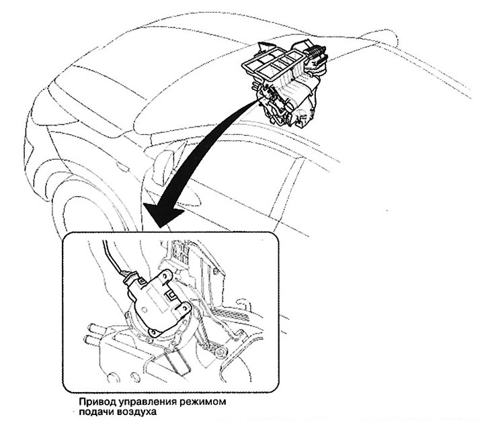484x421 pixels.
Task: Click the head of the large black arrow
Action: click(x=163, y=215)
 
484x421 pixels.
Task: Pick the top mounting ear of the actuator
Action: click(x=166, y=275)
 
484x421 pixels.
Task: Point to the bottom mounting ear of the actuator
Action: click(x=155, y=332)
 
